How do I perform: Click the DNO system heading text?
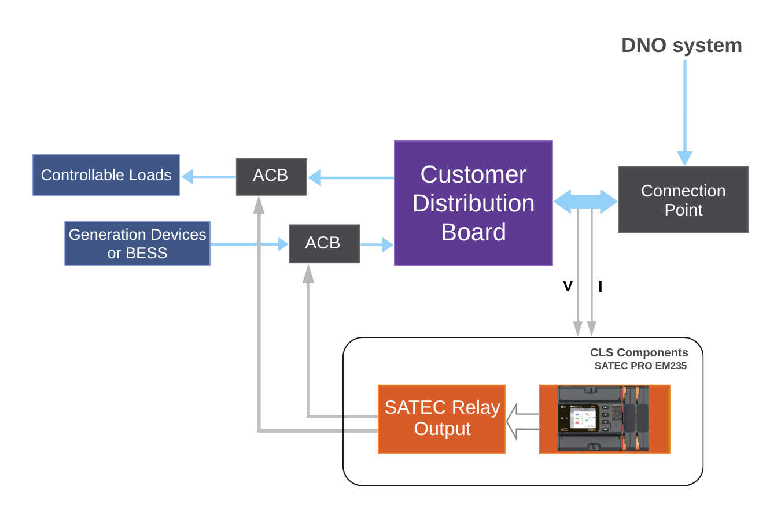coord(681,46)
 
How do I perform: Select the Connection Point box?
coord(683,199)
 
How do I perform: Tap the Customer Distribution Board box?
coord(473,203)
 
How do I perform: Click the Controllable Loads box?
coord(106,175)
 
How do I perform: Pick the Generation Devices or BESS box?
coord(137,243)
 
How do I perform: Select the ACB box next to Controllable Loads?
coord(271,176)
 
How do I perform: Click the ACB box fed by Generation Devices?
coord(324,243)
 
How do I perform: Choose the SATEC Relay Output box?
coord(441,419)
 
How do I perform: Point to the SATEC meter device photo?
coord(604,419)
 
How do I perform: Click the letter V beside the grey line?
coord(568,287)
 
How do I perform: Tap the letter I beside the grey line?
coord(600,287)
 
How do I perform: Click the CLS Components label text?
coord(639,352)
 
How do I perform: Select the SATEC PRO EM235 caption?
coord(640,366)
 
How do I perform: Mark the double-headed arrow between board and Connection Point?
coord(585,202)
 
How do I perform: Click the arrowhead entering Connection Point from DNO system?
coord(685,158)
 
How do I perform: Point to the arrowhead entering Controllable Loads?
coord(187,176)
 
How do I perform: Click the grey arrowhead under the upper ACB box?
coord(259,205)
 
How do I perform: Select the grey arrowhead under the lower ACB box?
coord(308,273)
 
